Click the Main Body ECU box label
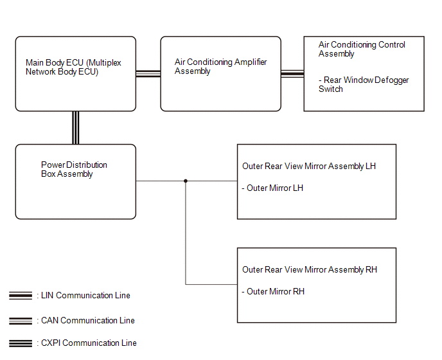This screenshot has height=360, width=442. coord(73,67)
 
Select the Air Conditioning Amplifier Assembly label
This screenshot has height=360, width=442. coord(220,67)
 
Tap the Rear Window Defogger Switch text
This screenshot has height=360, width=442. coord(364,84)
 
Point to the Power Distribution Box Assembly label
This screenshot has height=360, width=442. coord(74,169)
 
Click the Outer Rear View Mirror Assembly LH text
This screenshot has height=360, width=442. coord(309,166)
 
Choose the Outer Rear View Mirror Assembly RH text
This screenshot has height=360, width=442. coord(310,270)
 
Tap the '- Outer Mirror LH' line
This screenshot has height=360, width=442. coord(272,188)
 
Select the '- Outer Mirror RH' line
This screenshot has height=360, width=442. coord(273,291)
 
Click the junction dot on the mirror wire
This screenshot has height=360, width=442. coord(186,181)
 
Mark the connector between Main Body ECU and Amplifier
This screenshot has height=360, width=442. coord(148,74)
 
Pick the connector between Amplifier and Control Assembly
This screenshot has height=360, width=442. coord(292,74)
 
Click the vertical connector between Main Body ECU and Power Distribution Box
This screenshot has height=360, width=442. coord(76,128)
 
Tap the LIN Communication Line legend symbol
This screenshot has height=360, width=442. coord(21,296)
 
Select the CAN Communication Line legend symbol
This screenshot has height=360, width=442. coord(21,321)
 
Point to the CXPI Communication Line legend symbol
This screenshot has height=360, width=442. coord(21,343)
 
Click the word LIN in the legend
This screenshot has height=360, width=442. coord(48,295)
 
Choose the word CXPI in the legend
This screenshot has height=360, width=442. coord(51,343)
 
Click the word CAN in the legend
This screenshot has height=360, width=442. coord(49,321)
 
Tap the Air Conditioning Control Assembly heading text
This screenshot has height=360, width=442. coord(362,49)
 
